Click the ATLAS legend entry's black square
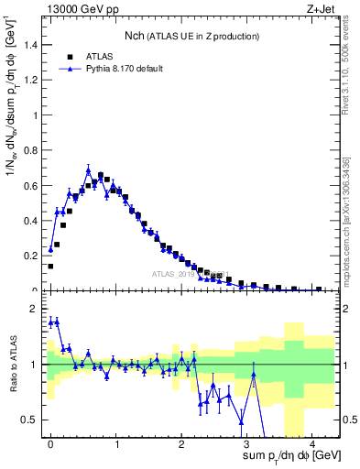point(69,54)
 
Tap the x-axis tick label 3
point(245,442)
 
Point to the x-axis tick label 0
point(50,442)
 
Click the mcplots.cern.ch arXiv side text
point(351,207)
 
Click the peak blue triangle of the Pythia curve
point(89,170)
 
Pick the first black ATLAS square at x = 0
point(50,267)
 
